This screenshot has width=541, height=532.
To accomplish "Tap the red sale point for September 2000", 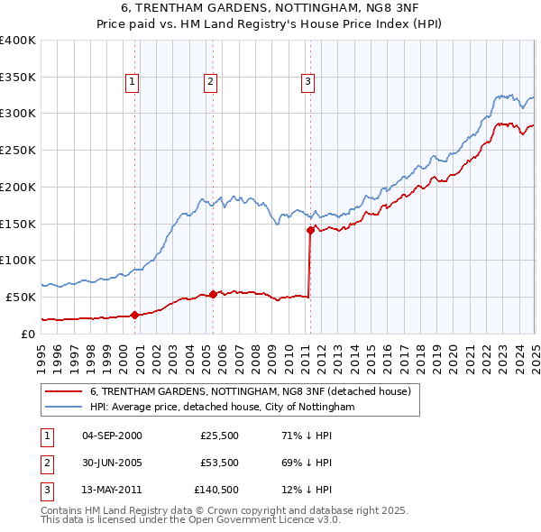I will (134, 315).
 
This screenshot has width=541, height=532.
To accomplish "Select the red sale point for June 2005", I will (213, 294).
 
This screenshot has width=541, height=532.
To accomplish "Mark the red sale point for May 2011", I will (310, 230).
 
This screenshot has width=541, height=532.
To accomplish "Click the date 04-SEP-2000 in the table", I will (112, 436).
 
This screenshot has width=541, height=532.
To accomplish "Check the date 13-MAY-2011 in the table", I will (112, 491).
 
